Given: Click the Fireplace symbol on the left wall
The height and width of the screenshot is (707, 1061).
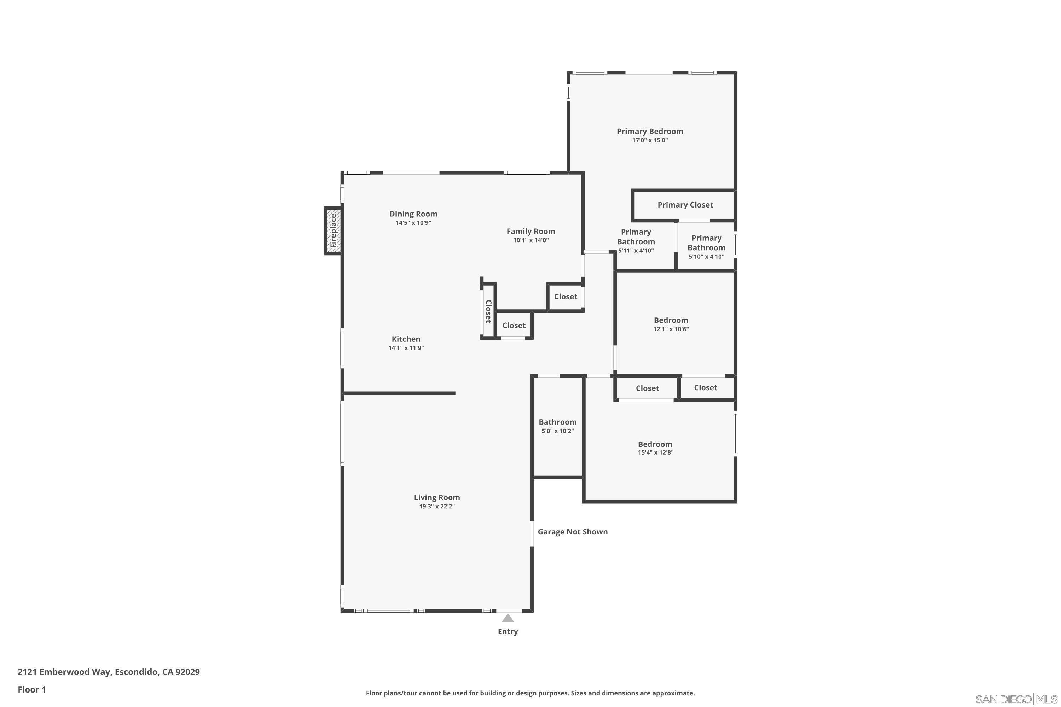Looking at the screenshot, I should (x=333, y=231).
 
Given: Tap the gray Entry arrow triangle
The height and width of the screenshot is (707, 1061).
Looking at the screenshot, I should (x=508, y=618).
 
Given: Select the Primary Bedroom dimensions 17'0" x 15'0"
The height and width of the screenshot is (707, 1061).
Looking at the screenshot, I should (x=650, y=140).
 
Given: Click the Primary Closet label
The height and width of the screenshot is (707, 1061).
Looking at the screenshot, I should (x=685, y=205).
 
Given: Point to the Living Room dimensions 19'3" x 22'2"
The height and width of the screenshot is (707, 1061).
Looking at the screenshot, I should (x=437, y=506).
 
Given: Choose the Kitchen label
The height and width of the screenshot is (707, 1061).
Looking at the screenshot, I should (x=406, y=339).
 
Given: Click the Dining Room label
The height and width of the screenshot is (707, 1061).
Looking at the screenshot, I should (x=413, y=214).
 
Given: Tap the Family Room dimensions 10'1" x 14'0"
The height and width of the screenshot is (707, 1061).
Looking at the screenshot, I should (x=530, y=240).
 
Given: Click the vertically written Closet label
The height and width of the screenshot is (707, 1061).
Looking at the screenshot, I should (x=488, y=311).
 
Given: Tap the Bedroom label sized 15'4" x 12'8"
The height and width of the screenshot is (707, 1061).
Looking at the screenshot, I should (x=655, y=444).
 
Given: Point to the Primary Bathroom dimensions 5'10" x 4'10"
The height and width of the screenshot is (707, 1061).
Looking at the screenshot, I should (x=706, y=257).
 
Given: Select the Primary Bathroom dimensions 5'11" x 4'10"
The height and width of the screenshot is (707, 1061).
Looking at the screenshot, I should (x=636, y=251).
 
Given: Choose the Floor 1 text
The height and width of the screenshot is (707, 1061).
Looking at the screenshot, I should (x=31, y=689).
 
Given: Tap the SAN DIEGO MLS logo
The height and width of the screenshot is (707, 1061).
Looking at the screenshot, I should (x=1016, y=699).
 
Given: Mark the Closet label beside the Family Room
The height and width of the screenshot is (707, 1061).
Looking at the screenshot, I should (x=565, y=297).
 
